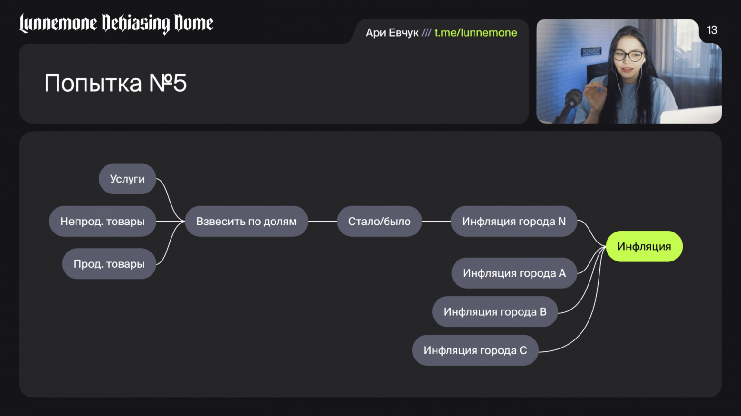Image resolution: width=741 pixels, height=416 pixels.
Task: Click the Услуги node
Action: pyautogui.click(x=127, y=179)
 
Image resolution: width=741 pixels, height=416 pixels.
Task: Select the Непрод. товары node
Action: pyautogui.click(x=103, y=222)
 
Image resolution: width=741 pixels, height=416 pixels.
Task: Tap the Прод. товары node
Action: pyautogui.click(x=109, y=264)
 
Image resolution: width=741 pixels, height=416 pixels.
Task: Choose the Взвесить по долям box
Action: pyautogui.click(x=246, y=222)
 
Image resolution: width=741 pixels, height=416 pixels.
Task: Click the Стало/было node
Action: pyautogui.click(x=379, y=222)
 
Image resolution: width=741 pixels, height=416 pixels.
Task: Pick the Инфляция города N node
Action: pyautogui.click(x=513, y=222)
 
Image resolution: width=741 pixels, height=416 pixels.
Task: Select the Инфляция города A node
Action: pyautogui.click(x=514, y=273)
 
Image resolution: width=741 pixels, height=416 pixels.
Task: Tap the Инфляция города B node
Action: pyautogui.click(x=494, y=312)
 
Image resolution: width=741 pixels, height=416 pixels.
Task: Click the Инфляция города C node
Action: pyautogui.click(x=475, y=350)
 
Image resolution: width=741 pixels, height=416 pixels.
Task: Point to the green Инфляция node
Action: pyautogui.click(x=644, y=247)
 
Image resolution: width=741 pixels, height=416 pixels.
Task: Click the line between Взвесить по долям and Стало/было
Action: pyautogui.click(x=323, y=222)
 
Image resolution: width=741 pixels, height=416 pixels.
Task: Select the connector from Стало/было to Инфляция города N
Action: pyautogui.click(x=436, y=222)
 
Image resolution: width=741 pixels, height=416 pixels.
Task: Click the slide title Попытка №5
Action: pyautogui.click(x=115, y=83)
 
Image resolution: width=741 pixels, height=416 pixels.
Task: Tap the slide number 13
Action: pyautogui.click(x=712, y=30)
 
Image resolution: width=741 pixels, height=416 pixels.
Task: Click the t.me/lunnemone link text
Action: pyautogui.click(x=475, y=33)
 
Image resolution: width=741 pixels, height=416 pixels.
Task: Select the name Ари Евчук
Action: pyautogui.click(x=392, y=33)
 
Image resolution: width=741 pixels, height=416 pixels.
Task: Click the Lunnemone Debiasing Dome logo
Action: pyautogui.click(x=116, y=23)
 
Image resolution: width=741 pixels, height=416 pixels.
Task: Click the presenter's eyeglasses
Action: pyautogui.click(x=628, y=56)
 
